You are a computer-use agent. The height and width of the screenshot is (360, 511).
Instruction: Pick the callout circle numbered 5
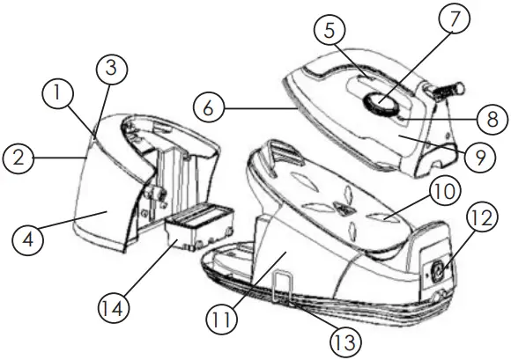pos(330,32)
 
